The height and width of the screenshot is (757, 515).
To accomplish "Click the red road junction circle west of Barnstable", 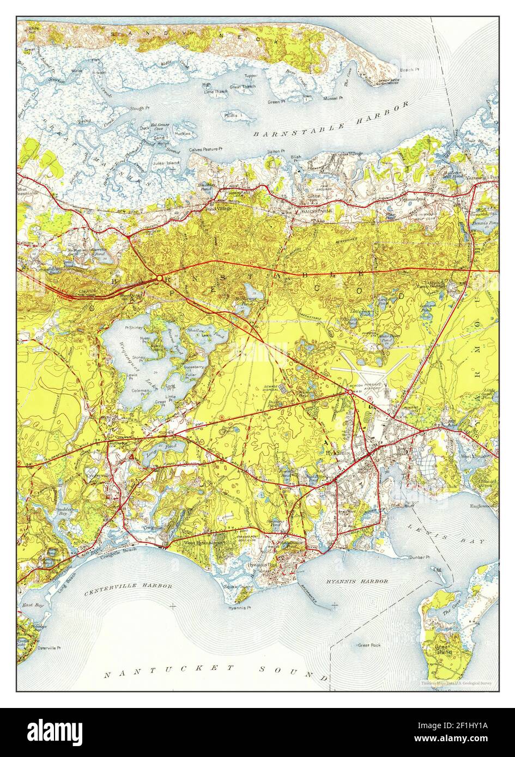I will tap(159, 278).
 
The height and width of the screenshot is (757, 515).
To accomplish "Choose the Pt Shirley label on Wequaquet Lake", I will tap(133, 328).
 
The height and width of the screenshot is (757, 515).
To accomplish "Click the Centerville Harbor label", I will tap(128, 587).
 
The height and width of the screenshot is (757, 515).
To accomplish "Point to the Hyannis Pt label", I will tap(238, 607).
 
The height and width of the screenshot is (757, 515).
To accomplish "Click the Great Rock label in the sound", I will tap(368, 645).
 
